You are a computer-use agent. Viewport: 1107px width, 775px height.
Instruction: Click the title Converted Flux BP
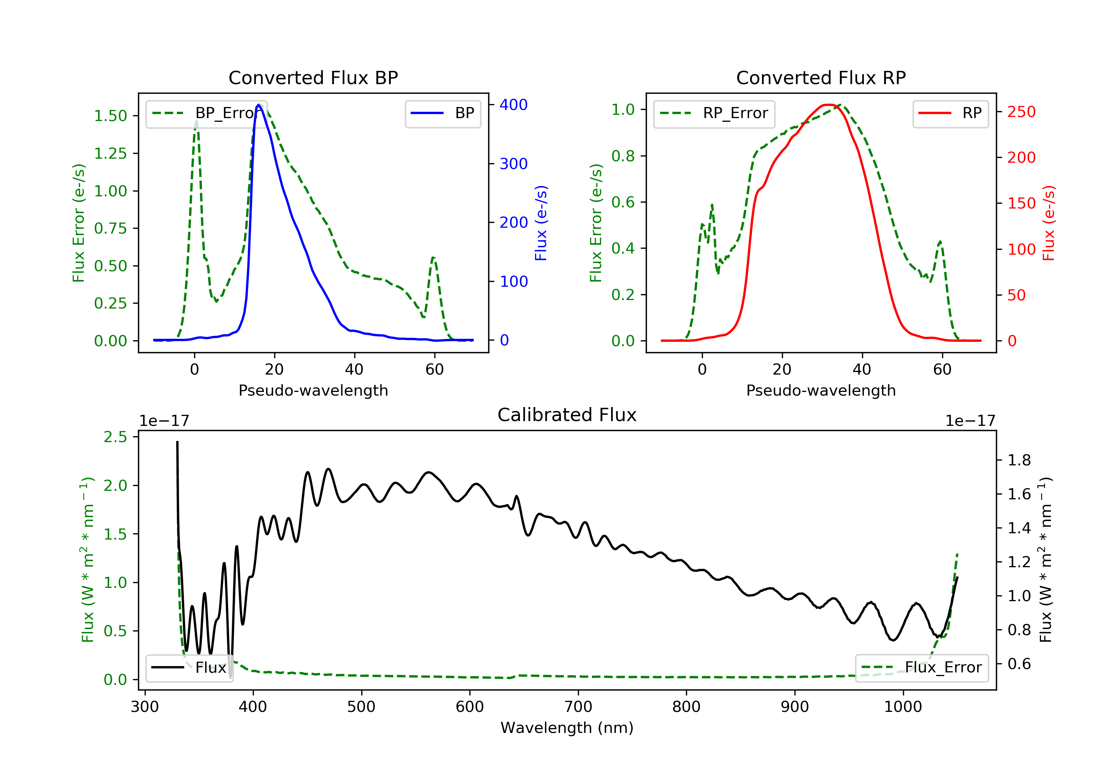[313, 77]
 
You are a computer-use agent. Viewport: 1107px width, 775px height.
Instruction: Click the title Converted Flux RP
[821, 77]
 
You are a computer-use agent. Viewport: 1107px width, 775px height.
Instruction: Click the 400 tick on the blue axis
[514, 105]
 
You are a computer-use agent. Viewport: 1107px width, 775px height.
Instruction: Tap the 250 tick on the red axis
[1021, 112]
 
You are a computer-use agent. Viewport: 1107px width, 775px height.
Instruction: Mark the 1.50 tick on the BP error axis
[110, 116]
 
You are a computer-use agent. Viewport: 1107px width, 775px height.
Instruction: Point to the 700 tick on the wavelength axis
[578, 707]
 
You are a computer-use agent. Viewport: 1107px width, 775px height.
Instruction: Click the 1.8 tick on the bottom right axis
[1019, 460]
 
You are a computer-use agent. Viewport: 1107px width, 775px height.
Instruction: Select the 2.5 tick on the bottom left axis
[115, 437]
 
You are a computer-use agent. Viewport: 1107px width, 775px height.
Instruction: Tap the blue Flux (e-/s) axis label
[541, 223]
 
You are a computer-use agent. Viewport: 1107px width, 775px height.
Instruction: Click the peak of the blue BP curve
[258, 105]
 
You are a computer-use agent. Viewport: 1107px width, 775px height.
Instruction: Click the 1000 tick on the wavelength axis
[903, 707]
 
